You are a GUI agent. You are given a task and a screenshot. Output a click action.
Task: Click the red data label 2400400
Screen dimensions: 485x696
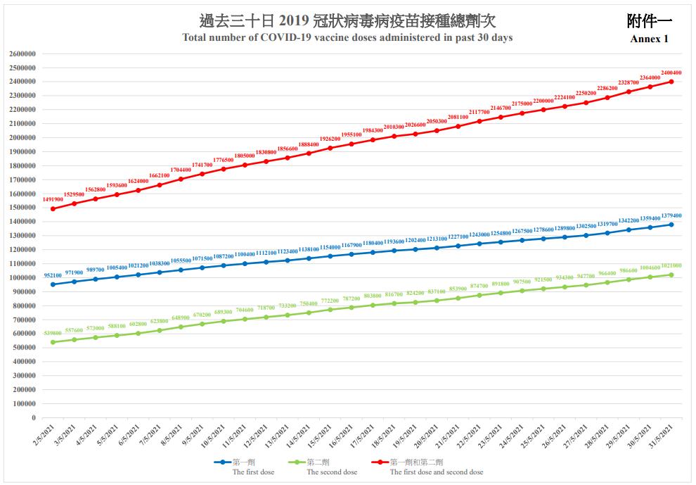(671, 73)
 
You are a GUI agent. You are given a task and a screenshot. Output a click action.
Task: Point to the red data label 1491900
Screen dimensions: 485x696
(53, 200)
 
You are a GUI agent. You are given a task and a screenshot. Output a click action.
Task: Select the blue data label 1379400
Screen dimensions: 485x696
(671, 216)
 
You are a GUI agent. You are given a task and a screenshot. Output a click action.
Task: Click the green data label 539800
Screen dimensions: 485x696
(53, 334)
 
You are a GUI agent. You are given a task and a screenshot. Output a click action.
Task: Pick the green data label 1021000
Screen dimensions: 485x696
(671, 266)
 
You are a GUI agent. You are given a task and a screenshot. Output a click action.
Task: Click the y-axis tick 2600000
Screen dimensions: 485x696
(24, 53)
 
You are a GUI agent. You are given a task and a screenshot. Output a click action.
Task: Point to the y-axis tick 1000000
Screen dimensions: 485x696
(24, 278)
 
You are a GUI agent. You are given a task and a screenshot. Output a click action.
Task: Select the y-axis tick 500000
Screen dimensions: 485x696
(24, 348)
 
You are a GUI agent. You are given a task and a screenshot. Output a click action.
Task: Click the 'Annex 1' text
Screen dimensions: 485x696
(649, 39)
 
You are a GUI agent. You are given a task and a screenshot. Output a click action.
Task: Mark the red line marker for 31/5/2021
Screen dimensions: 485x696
(671, 82)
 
